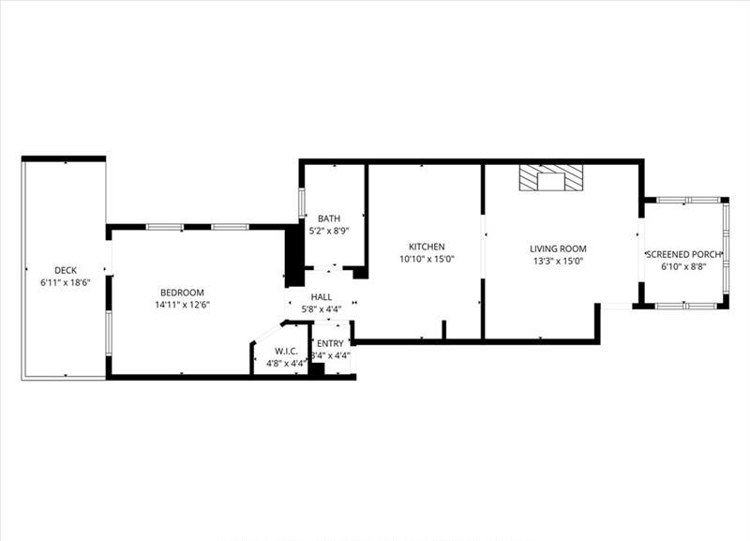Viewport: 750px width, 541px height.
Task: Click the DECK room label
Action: tap(66, 270)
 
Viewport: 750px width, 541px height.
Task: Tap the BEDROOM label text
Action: tap(182, 293)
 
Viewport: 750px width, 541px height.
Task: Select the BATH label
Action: tap(329, 218)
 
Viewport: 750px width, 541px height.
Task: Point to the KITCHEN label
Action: tap(427, 247)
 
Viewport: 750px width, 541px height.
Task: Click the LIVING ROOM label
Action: tap(558, 248)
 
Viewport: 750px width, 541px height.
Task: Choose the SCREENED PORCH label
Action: tap(683, 254)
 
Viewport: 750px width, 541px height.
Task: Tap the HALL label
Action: tap(322, 297)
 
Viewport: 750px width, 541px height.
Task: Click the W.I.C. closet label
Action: tap(287, 351)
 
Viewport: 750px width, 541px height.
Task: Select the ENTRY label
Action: tap(330, 343)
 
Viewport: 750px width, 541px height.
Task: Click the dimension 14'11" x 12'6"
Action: tap(183, 305)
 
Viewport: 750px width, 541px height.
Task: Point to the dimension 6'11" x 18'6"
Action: tap(66, 283)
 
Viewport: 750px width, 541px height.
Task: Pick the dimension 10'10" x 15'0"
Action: tap(427, 260)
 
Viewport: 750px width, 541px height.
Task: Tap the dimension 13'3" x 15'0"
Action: tap(558, 262)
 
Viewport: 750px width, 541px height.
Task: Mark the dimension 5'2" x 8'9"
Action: tap(329, 231)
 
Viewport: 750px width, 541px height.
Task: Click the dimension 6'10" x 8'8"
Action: tap(684, 267)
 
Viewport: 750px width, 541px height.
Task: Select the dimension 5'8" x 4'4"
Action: tap(322, 309)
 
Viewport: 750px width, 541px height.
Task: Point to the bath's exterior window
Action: tap(302, 203)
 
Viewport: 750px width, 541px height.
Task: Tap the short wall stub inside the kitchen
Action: tap(443, 330)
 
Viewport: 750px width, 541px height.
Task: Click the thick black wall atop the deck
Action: tap(64, 158)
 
